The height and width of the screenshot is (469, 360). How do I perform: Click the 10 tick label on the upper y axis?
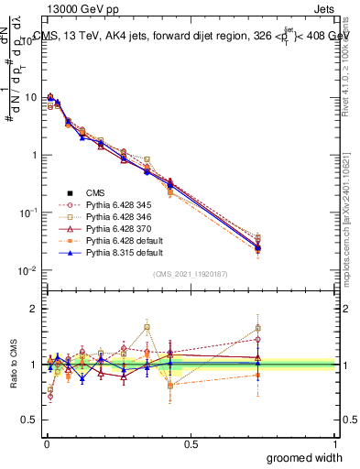pos(31,97)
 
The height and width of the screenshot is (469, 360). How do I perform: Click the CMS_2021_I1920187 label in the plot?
pos(190,274)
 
